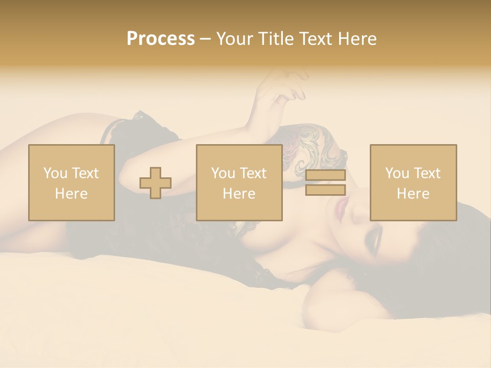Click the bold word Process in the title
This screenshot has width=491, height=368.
(x=161, y=39)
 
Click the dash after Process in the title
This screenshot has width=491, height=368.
(x=205, y=39)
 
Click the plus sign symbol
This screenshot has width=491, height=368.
(x=155, y=183)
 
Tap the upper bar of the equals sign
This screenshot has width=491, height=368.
(x=325, y=175)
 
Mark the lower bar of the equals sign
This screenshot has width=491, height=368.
(x=325, y=190)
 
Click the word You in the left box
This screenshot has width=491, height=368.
(x=55, y=173)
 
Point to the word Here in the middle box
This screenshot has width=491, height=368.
(x=239, y=194)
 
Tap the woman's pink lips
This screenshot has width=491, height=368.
(x=341, y=207)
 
